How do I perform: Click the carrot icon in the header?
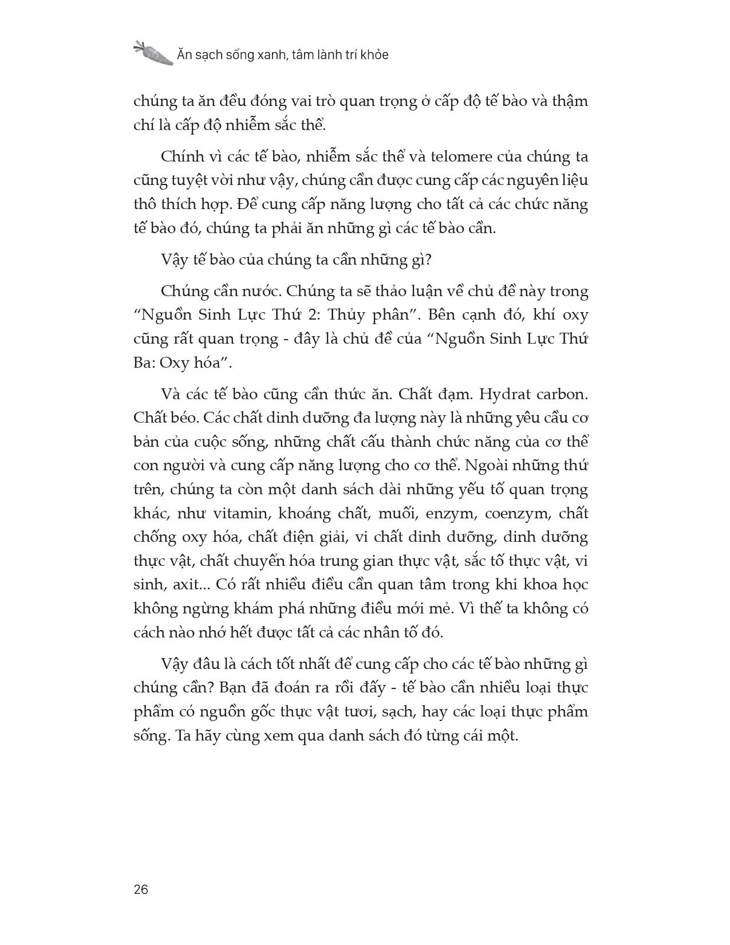pyautogui.click(x=153, y=53)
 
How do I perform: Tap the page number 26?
pyautogui.click(x=141, y=889)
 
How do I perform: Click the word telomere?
pyautogui.click(x=439, y=156)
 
